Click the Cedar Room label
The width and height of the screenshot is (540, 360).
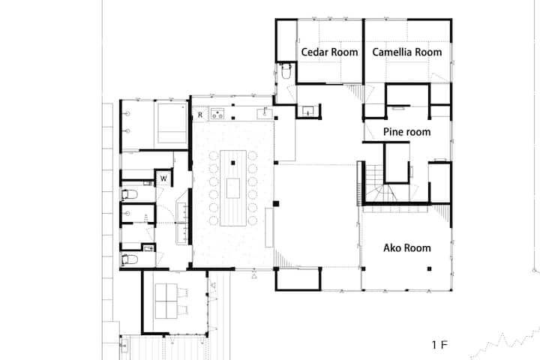(329, 52)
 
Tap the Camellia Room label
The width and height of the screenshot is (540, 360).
(407, 52)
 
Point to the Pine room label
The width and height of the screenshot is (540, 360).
(406, 131)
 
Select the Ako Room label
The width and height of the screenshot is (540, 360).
(407, 247)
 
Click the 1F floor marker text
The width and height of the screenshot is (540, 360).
(439, 345)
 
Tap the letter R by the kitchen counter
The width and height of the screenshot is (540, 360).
(200, 115)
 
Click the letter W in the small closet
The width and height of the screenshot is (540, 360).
(163, 178)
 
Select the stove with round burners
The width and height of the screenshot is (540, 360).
(217, 114)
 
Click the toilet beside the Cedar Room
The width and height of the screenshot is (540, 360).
(286, 70)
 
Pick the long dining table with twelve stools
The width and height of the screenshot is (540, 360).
(233, 188)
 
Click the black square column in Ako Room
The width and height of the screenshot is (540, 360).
(430, 268)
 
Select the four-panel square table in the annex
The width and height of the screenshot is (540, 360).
(166, 301)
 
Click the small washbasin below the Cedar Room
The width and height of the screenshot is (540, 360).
(308, 111)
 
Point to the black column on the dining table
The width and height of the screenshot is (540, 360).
(233, 163)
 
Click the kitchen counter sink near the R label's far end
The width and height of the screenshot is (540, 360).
(265, 113)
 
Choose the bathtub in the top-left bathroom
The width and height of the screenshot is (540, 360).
(172, 123)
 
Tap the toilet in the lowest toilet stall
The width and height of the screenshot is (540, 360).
(130, 259)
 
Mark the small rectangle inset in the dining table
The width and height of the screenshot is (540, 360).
(233, 188)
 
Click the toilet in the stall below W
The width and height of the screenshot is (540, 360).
(130, 195)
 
